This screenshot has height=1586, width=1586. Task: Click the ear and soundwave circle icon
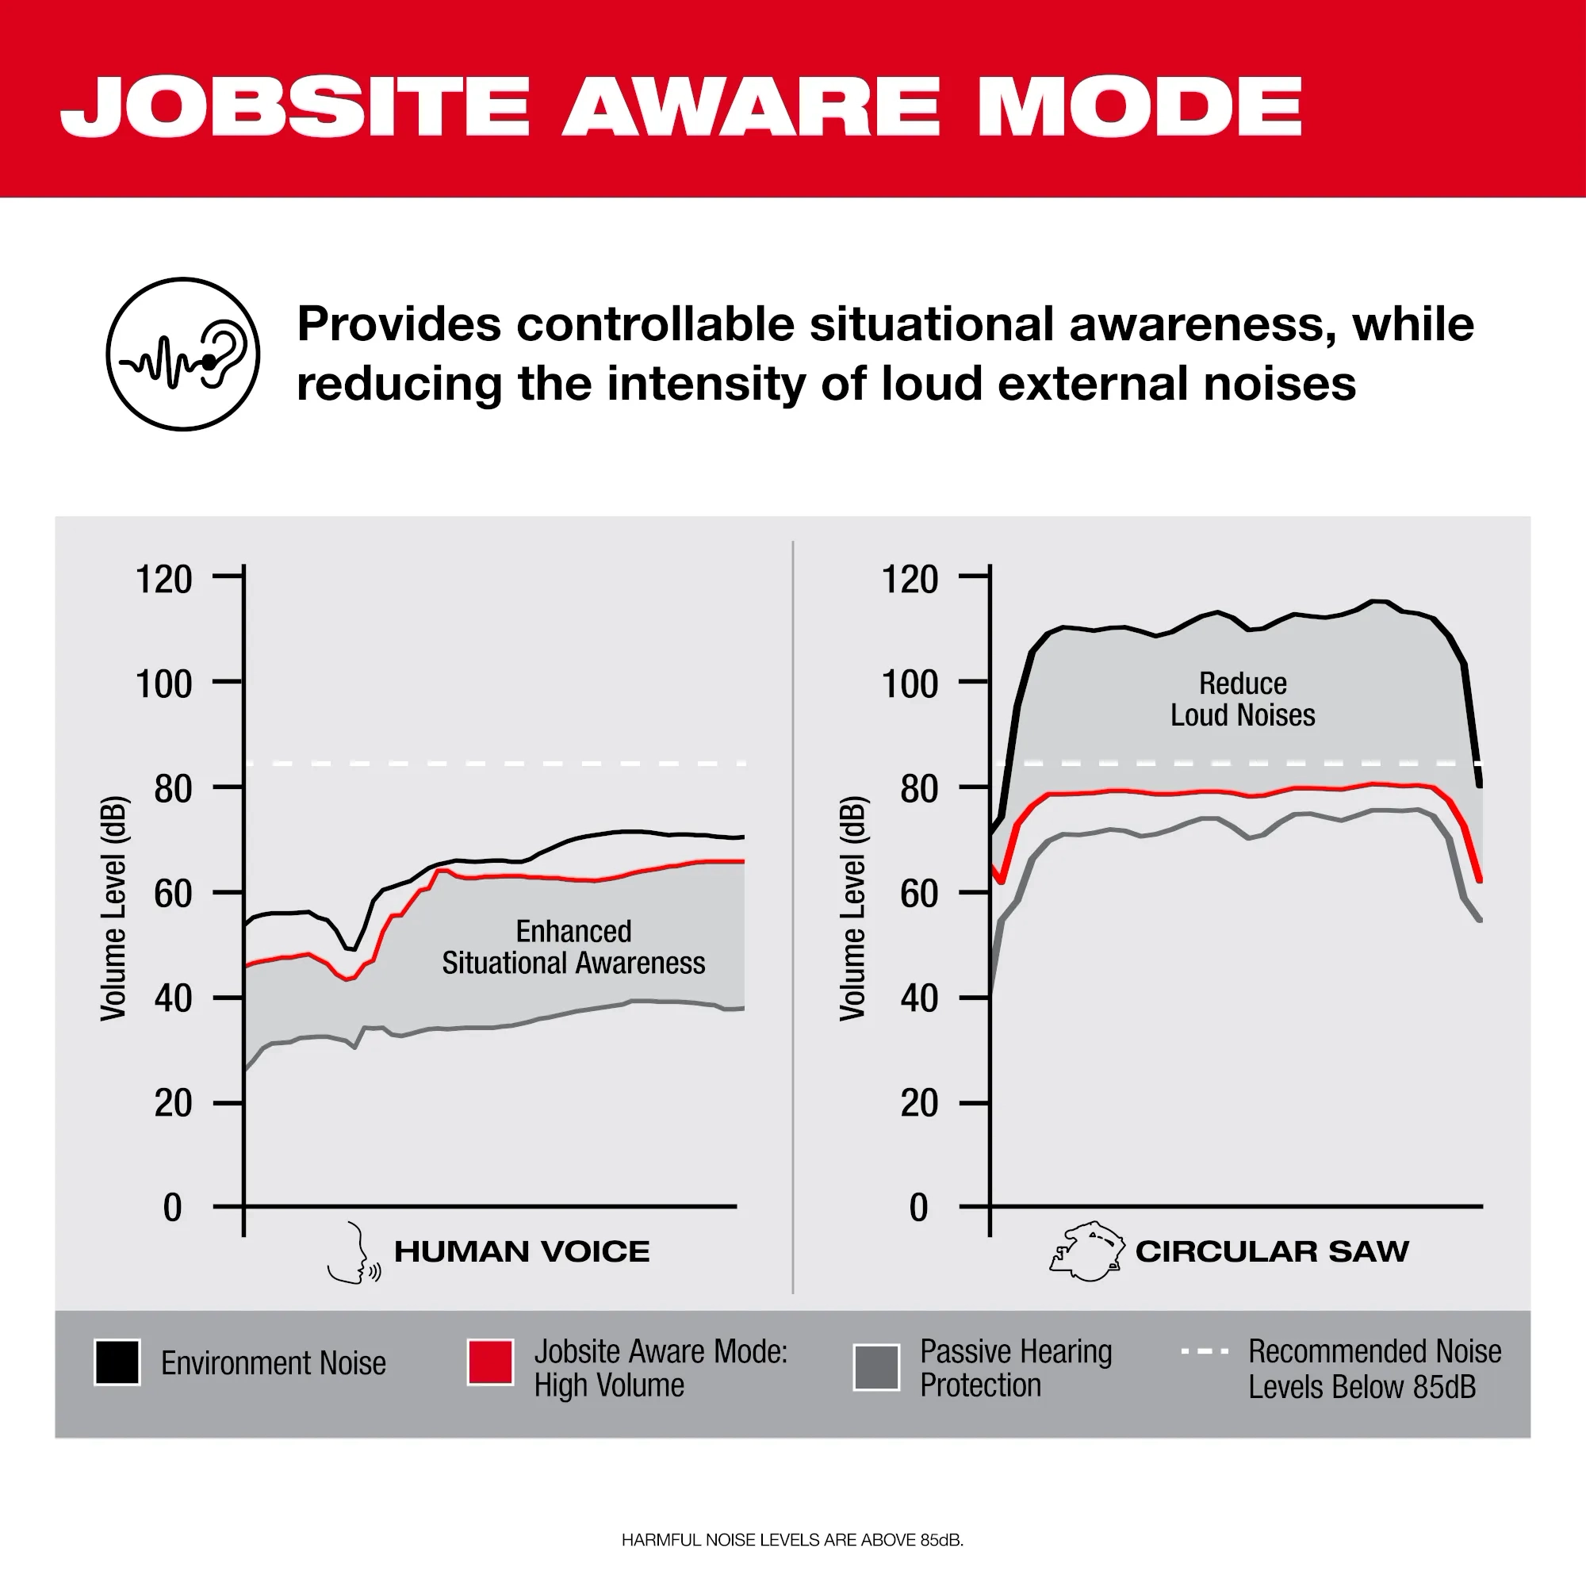[183, 354]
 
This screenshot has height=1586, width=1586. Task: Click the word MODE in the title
[1140, 107]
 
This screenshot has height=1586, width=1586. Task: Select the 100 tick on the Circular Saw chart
[910, 684]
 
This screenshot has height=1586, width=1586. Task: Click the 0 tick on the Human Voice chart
[172, 1208]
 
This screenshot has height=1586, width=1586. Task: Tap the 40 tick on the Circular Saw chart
[918, 998]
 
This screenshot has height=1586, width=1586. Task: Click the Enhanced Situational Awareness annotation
[573, 948]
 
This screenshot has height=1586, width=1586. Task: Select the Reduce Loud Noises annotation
[1242, 699]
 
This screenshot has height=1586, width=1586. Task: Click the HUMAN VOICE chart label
[521, 1252]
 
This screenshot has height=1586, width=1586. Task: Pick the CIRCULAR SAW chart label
[1272, 1252]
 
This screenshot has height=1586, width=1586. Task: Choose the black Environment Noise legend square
[117, 1362]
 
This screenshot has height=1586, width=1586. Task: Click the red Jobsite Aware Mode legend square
[490, 1362]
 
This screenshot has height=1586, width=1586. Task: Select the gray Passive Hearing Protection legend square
[876, 1367]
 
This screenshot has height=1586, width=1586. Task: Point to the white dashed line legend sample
[1205, 1350]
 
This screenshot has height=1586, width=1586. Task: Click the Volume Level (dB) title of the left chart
[114, 908]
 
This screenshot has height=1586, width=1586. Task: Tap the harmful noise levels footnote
[792, 1540]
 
